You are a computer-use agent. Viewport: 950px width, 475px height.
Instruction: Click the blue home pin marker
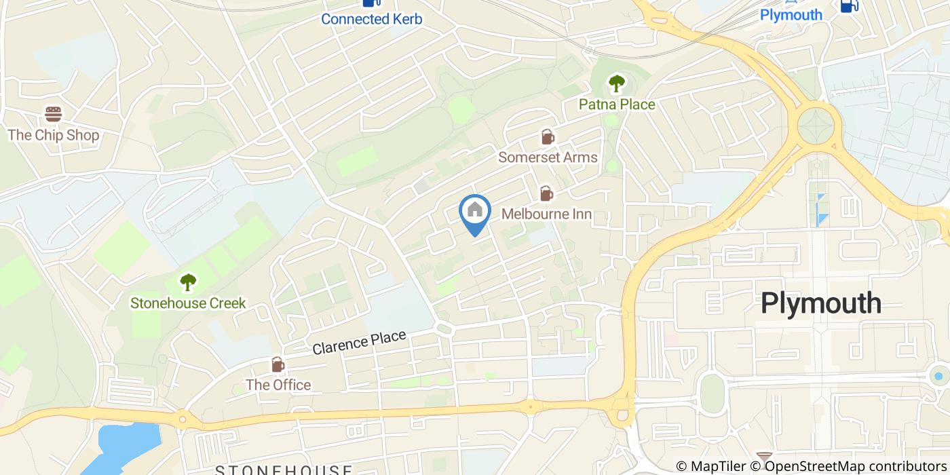pos(475,212)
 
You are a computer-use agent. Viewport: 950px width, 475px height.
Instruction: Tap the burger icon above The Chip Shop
pos(54,113)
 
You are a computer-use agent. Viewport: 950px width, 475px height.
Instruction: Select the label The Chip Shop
pos(54,135)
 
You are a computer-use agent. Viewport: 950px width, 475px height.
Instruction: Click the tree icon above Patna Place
pos(616,83)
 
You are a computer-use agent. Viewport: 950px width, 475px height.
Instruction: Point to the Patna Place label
pos(616,104)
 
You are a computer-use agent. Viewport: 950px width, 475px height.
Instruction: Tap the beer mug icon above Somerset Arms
pos(547,137)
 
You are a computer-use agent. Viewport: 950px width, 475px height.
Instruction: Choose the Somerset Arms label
pos(548,157)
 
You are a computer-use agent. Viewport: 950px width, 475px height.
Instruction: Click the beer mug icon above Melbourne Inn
pos(546,194)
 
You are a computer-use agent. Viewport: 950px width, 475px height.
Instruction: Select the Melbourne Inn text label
pos(546,214)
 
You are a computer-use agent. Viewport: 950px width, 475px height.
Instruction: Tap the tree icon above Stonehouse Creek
pos(188,282)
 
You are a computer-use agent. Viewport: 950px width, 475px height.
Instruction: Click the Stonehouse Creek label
pos(188,303)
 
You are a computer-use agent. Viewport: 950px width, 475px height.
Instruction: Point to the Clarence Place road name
pos(359,343)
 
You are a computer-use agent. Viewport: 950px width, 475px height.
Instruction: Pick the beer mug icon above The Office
pos(278,365)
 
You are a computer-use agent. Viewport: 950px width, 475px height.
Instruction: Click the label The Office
pos(278,385)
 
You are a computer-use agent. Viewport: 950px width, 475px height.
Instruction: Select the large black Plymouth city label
pos(820,303)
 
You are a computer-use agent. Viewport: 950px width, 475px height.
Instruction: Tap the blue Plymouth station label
pos(791,15)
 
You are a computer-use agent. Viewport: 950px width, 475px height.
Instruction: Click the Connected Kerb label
pos(371,19)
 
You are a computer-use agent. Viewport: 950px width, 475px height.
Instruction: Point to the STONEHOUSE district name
pos(284,470)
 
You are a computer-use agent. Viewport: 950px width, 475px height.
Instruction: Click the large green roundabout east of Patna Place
pos(819,126)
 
